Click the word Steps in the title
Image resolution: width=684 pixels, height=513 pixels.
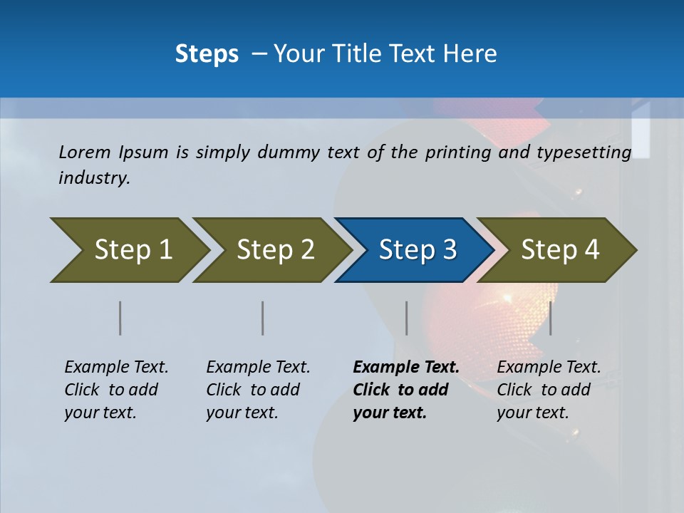pos(207,54)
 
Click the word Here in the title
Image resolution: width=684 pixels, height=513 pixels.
pos(470,54)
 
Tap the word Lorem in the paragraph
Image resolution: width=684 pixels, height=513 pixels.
pos(85,152)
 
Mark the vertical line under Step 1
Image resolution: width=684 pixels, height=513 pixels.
pos(120,318)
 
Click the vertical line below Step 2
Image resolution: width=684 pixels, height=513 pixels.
pos(263,318)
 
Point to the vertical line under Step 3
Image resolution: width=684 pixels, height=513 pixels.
pos(407,318)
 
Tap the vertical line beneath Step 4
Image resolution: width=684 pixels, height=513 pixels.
pos(551,318)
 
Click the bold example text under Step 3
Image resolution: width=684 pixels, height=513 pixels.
pos(405,390)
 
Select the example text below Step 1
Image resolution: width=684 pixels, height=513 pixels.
pos(115,390)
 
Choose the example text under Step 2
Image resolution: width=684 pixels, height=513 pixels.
pos(257,390)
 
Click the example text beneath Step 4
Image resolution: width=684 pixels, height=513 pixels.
pos(548,390)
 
